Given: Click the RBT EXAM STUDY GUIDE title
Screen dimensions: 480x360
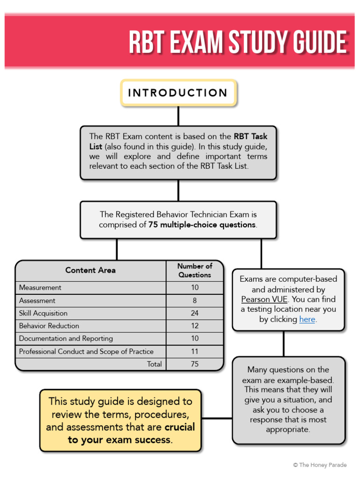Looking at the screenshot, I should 238,43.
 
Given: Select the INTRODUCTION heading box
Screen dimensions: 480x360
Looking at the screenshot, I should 178,93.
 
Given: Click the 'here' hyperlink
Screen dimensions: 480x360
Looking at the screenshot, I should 307,319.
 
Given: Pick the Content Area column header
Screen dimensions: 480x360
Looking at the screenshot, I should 90,270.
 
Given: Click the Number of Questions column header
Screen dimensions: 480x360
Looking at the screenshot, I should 195,270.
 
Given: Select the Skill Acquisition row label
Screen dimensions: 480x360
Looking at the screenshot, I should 43,313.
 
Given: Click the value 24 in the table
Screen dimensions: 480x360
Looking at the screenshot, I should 195,313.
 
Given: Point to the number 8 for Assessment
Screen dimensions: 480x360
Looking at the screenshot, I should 195,300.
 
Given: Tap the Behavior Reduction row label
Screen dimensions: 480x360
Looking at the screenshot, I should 49,326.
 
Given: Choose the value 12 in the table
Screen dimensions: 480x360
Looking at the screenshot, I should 195,326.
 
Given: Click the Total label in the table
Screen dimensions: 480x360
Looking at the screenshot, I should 154,364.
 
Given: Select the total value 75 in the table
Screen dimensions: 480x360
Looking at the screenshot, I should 195,364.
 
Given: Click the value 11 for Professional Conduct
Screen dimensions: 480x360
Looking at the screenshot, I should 195,351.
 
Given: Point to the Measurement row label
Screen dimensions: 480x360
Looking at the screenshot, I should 40,287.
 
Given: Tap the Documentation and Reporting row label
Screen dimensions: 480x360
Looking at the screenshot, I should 66,338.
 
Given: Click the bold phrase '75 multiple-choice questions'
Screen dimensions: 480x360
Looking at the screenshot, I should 202,225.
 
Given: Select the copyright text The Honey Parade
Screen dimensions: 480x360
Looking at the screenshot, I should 320,465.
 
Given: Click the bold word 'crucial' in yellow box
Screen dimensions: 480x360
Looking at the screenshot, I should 180,427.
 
